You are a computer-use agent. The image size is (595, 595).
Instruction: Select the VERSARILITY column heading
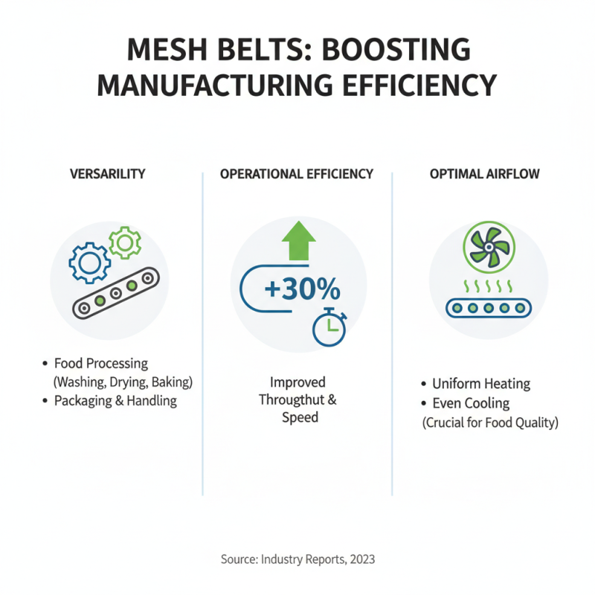[108, 174]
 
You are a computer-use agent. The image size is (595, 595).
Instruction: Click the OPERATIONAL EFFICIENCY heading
[297, 174]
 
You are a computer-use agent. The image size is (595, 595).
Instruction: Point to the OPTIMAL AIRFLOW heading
[485, 174]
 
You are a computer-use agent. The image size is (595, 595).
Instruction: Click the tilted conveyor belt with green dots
[116, 292]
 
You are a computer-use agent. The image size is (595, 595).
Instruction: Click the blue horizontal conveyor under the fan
[488, 307]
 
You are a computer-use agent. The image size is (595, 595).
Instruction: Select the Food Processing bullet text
[101, 364]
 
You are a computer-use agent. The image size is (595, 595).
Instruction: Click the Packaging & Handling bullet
[115, 401]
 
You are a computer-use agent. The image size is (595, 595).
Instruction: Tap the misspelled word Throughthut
[292, 400]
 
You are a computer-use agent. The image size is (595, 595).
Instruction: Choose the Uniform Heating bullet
[481, 384]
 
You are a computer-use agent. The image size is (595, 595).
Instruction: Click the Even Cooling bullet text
[471, 403]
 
